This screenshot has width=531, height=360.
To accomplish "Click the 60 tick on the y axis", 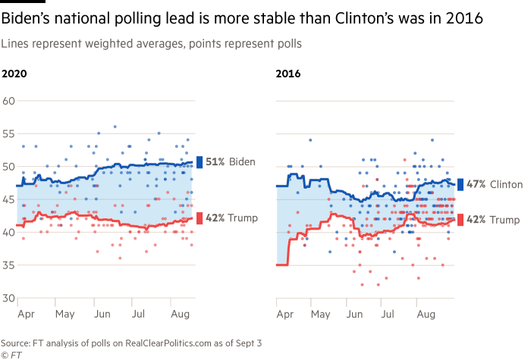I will click(9, 101).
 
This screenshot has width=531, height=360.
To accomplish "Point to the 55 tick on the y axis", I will click(9, 133).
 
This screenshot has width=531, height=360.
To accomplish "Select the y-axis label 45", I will click(9, 199).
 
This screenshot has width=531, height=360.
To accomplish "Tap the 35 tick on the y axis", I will click(9, 265).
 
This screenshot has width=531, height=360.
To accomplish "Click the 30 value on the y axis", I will click(9, 298).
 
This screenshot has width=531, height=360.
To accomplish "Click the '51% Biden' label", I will click(230, 162).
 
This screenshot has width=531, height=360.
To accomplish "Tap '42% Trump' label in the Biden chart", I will click(232, 218).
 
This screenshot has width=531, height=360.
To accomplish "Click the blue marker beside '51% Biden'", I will click(200, 162).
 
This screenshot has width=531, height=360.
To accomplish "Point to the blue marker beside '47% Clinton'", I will click(460, 184).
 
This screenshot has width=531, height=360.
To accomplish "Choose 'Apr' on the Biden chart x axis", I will click(25, 312).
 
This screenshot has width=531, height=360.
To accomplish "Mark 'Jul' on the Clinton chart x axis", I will click(388, 312).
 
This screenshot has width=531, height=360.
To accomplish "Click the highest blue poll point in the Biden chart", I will click(115, 127).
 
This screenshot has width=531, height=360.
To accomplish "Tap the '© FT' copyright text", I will click(11, 354).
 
